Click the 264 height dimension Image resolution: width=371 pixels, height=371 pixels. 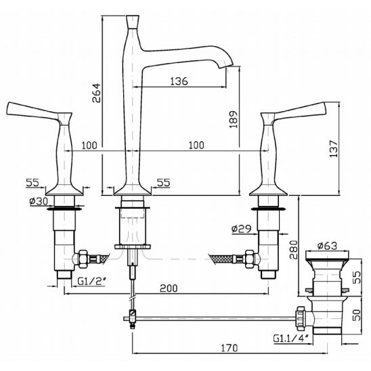click(x=96, y=93)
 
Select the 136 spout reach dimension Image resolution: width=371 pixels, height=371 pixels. click(x=179, y=81)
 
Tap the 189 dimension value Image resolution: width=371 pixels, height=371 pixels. click(x=234, y=119)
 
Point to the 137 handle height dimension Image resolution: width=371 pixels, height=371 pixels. click(x=334, y=148)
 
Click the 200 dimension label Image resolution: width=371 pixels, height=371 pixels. click(x=169, y=288)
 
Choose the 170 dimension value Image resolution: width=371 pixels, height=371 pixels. click(x=230, y=348)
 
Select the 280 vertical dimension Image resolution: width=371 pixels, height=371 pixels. click(x=294, y=250)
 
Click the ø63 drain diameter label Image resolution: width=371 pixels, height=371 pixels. click(x=327, y=246)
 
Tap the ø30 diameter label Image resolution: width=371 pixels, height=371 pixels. click(x=39, y=201)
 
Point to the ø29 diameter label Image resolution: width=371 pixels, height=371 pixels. click(x=241, y=229)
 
